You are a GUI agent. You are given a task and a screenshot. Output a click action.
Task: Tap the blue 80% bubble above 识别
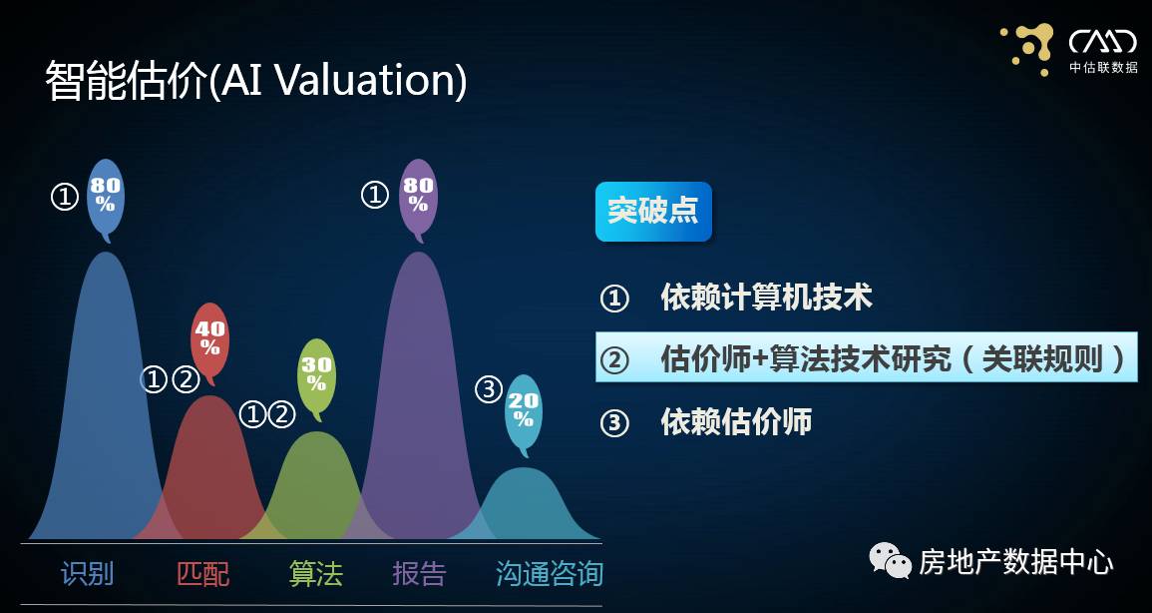pyautogui.click(x=106, y=196)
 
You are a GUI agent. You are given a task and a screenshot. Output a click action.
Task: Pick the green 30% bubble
pyautogui.click(x=316, y=374)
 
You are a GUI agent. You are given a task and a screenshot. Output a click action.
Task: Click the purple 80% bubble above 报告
pyautogui.click(x=418, y=196)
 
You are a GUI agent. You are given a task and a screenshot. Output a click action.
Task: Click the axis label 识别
pyautogui.click(x=88, y=574)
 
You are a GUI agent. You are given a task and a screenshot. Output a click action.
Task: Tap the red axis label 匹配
pyautogui.click(x=202, y=574)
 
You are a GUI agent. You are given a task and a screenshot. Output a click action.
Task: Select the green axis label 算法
pyautogui.click(x=316, y=574)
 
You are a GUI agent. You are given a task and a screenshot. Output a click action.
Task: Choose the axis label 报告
pyautogui.click(x=419, y=574)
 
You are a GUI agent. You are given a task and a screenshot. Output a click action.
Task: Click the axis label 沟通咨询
pyautogui.click(x=550, y=574)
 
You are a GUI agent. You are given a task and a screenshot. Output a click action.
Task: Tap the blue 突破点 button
pyautogui.click(x=653, y=212)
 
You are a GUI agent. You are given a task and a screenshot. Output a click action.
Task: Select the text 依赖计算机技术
pyautogui.click(x=766, y=298)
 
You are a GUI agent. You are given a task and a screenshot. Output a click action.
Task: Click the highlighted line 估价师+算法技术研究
pyautogui.click(x=866, y=358)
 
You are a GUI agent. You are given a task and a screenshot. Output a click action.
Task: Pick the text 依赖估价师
pyautogui.click(x=736, y=421)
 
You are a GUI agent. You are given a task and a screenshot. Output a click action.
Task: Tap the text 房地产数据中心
pyautogui.click(x=1015, y=562)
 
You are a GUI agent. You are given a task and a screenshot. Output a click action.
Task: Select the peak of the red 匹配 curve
pyautogui.click(x=209, y=399)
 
